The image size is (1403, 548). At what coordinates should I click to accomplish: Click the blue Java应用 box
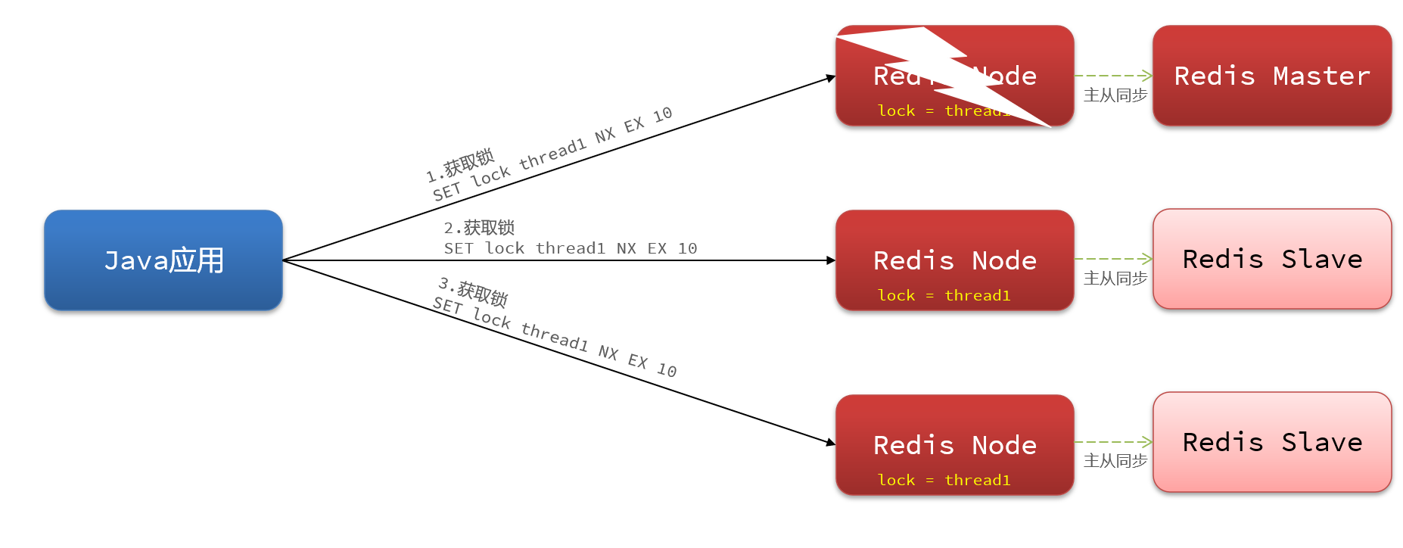pos(163,260)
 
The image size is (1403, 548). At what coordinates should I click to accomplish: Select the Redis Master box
pos(1271,76)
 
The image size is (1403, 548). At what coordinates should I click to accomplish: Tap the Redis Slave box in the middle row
pos(1271,259)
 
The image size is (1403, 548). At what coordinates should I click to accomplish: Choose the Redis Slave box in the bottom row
pos(1271,442)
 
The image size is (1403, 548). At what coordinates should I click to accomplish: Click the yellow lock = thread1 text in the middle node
pos(944,295)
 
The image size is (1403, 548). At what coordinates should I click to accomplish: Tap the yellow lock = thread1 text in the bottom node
pos(944,480)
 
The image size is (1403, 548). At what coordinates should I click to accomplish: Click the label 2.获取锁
pos(479,228)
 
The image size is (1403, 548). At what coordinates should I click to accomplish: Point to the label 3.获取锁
pos(473,291)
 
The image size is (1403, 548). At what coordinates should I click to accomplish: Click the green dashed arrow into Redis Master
pos(1113,76)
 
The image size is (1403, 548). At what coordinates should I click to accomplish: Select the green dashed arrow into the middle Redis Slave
pos(1113,259)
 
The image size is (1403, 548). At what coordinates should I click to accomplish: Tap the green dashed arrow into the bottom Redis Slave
pos(1113,442)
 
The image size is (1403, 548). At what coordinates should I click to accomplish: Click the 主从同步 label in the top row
pos(1115,95)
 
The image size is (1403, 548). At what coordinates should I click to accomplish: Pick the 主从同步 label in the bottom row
pos(1115,461)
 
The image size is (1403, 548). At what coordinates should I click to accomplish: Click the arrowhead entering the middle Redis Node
pos(831,260)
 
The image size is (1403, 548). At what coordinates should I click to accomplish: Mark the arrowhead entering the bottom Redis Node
pos(831,442)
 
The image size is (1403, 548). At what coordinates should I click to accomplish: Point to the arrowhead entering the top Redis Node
pos(831,77)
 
